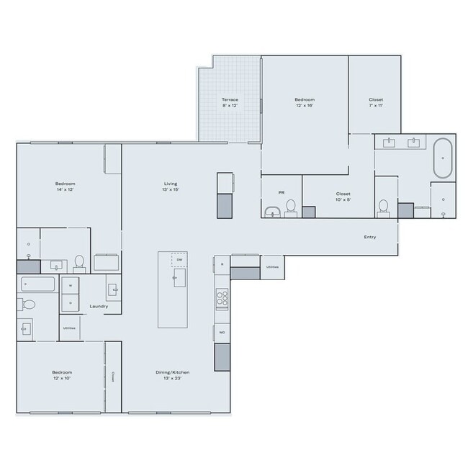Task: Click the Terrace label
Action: click(230, 99)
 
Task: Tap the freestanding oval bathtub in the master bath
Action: click(443, 158)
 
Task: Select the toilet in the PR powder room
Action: click(291, 207)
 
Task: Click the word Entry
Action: click(370, 237)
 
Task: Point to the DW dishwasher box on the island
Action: click(179, 260)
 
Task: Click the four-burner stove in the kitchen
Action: click(222, 297)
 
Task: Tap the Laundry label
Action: click(99, 306)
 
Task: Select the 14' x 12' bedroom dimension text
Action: click(65, 191)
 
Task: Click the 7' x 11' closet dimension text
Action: click(376, 105)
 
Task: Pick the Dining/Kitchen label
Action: click(172, 372)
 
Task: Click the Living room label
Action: click(171, 184)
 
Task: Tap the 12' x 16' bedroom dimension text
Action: click(305, 105)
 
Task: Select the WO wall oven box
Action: click(222, 333)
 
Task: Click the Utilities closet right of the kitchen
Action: click(272, 266)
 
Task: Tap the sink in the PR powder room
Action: click(272, 210)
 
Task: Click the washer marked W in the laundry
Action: click(70, 286)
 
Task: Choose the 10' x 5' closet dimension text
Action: click(343, 199)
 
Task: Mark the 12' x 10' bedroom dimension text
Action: click(62, 378)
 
